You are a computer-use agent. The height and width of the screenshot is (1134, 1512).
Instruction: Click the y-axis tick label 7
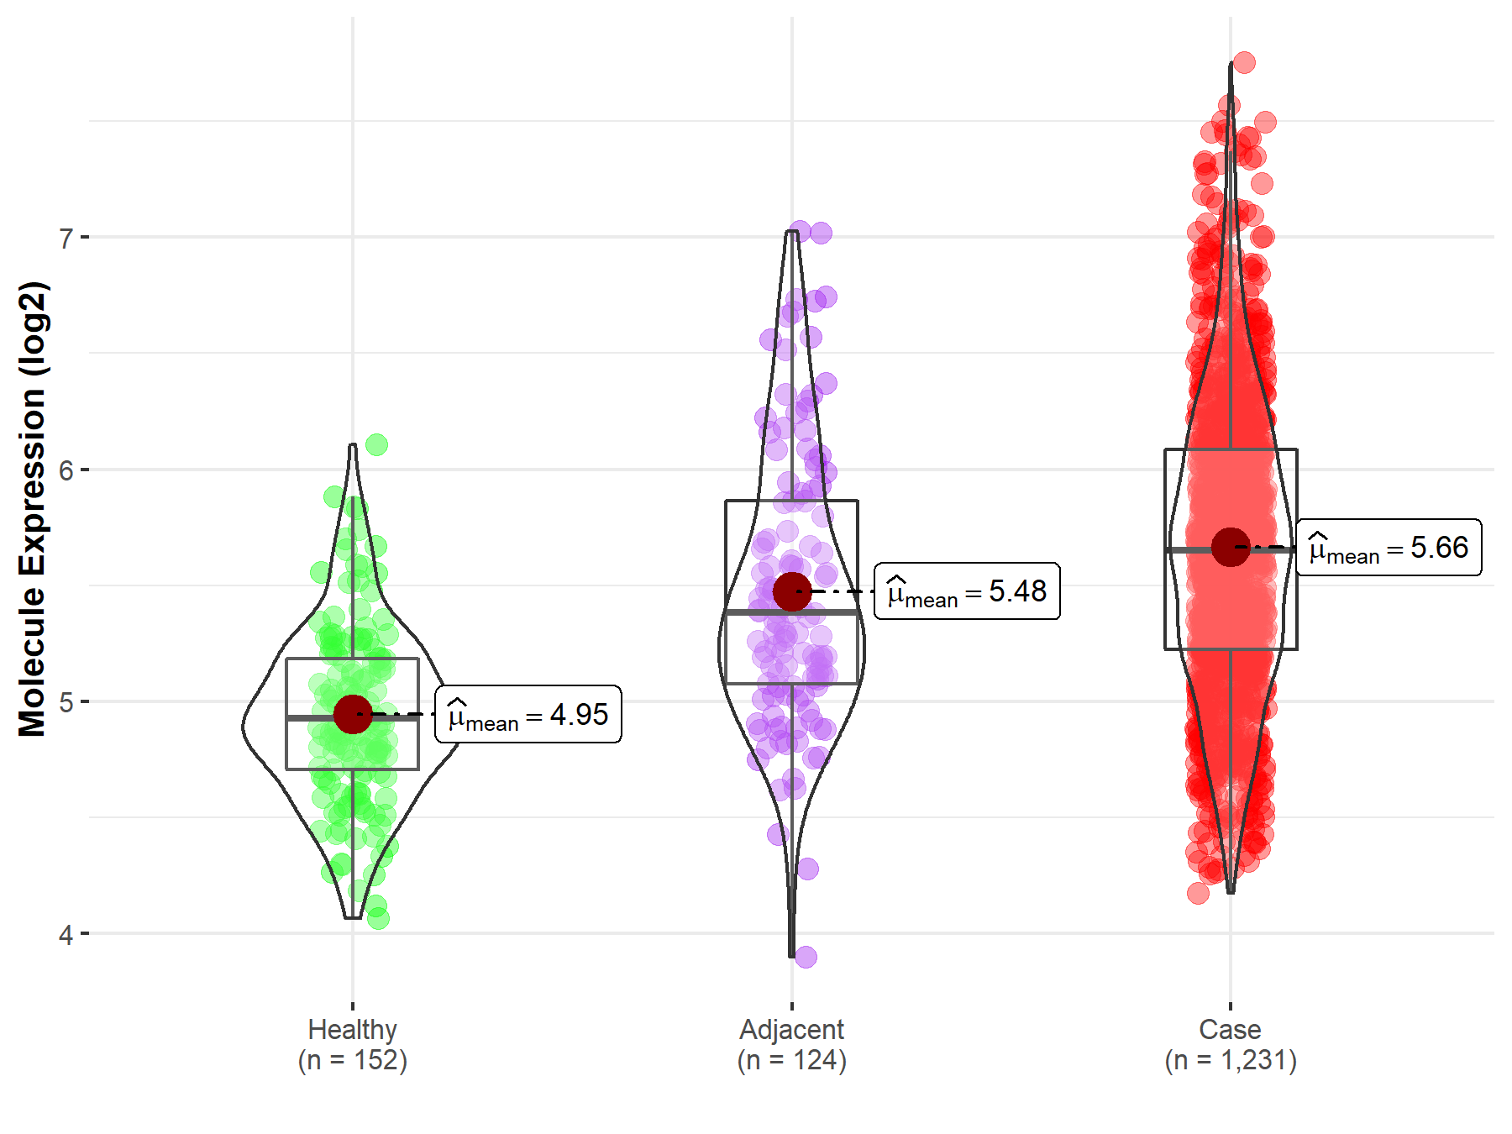tap(66, 239)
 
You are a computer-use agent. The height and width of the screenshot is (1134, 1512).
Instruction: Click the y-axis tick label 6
tap(66, 470)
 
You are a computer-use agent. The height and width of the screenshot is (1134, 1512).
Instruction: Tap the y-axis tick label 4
tap(66, 935)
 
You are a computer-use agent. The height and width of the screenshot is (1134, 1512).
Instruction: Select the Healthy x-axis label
tap(352, 1029)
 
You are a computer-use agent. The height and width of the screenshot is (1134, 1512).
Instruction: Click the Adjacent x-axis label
tap(791, 1029)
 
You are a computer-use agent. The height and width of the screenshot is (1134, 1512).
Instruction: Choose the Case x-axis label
tap(1230, 1029)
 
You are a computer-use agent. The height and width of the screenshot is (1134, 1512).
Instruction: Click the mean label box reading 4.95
tap(528, 715)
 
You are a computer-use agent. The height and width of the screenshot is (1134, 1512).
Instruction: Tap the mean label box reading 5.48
tap(967, 591)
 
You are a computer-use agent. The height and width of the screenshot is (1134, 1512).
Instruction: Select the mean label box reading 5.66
tap(1389, 548)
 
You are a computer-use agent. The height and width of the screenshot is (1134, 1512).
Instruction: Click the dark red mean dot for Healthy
tap(353, 714)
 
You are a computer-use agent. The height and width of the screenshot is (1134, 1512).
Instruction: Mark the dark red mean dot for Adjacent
tap(792, 591)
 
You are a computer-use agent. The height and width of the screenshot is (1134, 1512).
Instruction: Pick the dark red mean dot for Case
tap(1231, 547)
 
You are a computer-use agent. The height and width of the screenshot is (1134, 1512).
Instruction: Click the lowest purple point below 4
tap(806, 957)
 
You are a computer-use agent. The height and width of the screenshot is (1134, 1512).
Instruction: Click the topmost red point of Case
tap(1244, 62)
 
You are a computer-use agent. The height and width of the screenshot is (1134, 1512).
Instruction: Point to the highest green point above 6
tap(377, 444)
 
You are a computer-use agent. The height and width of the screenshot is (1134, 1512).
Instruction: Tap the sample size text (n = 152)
tap(352, 1060)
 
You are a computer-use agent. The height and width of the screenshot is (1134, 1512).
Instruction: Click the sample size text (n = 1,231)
tap(1230, 1060)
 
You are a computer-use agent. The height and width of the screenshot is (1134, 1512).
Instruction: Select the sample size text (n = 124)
tap(791, 1060)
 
